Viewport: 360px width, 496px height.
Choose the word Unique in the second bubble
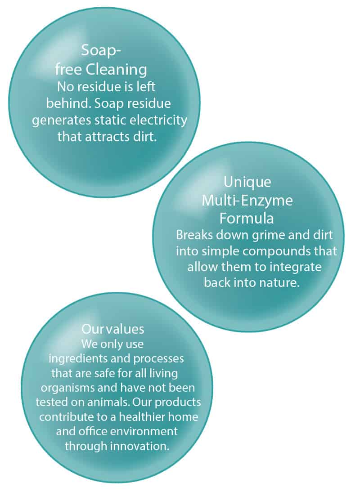pos(247,183)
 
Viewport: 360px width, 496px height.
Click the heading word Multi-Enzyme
pos(247,201)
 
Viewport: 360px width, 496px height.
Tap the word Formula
pos(247,218)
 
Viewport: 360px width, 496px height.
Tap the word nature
pos(279,282)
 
